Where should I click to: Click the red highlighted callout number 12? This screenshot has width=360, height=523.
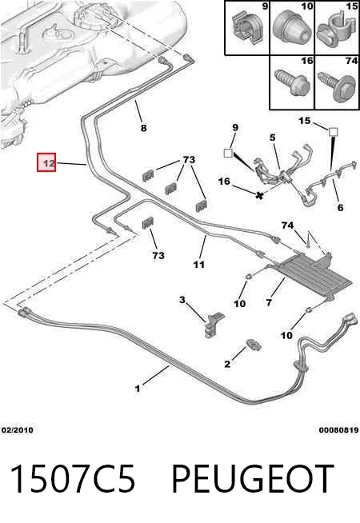pos(46,162)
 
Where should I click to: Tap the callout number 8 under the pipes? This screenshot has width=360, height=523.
pos(143,128)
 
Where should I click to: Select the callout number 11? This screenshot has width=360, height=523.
pos(199,265)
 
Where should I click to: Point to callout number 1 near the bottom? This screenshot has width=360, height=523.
pos(137,389)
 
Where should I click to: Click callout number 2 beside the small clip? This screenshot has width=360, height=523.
pos(227,364)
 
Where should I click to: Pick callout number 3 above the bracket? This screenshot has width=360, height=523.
pos(182,300)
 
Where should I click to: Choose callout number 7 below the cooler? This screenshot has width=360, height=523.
pos(269,302)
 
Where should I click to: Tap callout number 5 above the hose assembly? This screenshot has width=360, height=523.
pos(273,137)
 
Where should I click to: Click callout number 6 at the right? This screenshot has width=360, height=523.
pos(340,207)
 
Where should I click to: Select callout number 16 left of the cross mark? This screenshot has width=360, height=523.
pos(224,182)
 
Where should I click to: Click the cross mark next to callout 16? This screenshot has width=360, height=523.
pos(259,195)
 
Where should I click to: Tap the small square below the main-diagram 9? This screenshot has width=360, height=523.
pos(228,153)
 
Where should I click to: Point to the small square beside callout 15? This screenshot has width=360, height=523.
pos(333,132)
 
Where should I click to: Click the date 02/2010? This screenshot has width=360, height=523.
pos(18,430)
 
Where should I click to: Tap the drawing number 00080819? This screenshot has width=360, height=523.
pos(338,430)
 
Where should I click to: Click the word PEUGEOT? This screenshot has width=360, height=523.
pos(252,479)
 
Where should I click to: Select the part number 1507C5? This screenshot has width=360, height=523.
pos(74,479)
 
